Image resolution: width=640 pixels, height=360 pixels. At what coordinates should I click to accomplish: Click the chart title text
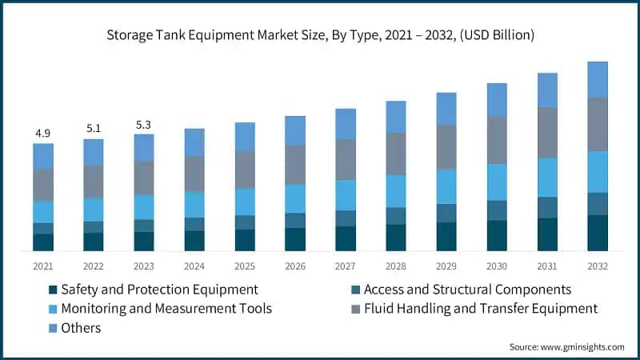pyautogui.click(x=320, y=35)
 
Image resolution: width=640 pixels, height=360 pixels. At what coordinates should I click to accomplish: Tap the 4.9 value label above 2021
pyautogui.click(x=43, y=132)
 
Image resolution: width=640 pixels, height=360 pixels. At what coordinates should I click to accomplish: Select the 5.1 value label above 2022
pyautogui.click(x=94, y=127)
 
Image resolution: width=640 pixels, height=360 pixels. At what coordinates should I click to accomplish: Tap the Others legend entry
pyautogui.click(x=81, y=327)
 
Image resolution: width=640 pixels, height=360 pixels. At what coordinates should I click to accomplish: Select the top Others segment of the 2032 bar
pyautogui.click(x=598, y=79)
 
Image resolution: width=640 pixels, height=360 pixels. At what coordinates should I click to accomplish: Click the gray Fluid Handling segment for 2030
pyautogui.click(x=497, y=140)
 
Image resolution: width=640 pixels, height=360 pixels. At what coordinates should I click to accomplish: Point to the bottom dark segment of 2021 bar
pyautogui.click(x=43, y=242)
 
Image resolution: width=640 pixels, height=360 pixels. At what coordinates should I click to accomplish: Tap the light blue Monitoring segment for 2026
pyautogui.click(x=295, y=198)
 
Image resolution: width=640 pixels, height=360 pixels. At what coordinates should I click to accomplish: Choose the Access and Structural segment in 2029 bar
pyautogui.click(x=446, y=213)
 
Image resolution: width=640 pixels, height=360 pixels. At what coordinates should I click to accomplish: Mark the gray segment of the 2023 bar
pyautogui.click(x=144, y=178)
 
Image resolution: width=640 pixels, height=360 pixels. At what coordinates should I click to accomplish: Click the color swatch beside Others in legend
pyautogui.click(x=53, y=328)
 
